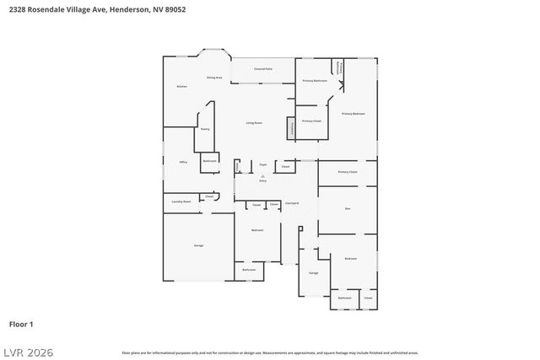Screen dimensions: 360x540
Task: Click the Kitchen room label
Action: [x=181, y=87]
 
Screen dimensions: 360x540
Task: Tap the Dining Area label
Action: [x=214, y=78]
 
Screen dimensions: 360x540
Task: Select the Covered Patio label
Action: [x=262, y=68]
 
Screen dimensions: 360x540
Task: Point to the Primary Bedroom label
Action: [x=353, y=113]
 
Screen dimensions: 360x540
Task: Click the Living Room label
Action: [x=254, y=123]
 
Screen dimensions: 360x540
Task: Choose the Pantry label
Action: [x=204, y=129]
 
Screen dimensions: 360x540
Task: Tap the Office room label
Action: [x=183, y=161]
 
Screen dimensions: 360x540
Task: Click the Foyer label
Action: [x=262, y=164]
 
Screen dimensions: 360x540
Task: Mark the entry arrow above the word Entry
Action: [x=262, y=175]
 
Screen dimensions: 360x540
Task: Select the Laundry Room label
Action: [x=181, y=201]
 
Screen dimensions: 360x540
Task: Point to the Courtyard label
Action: [x=292, y=203]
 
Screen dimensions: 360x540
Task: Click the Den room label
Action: [x=347, y=207]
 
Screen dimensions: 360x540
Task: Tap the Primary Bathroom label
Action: [x=315, y=81]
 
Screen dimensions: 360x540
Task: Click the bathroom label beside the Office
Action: [x=209, y=160]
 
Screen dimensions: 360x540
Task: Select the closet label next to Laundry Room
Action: [x=208, y=196]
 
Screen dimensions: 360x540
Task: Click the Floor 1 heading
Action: [x=21, y=324]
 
